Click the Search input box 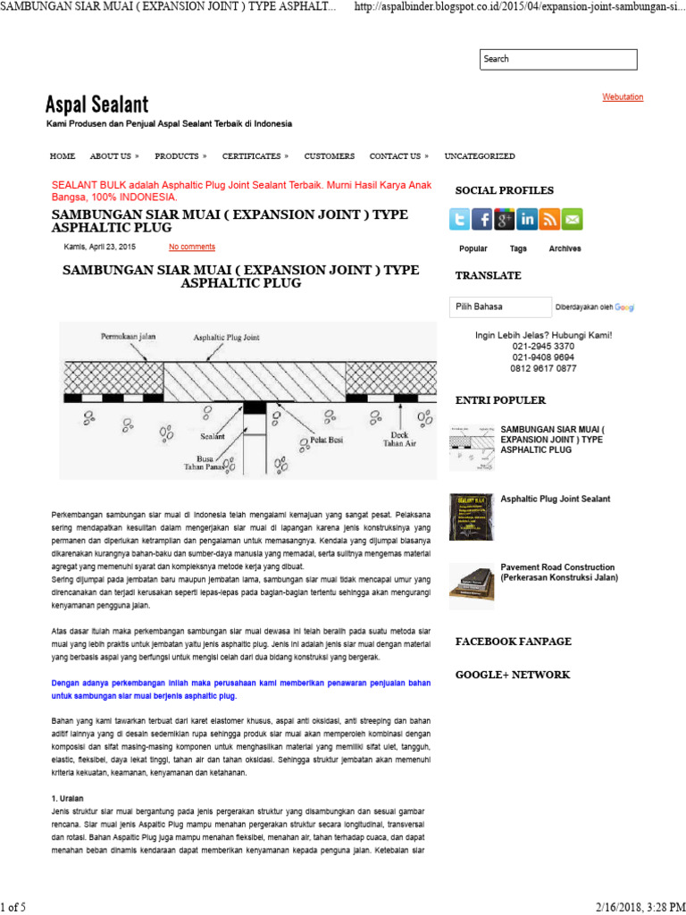pos(558,59)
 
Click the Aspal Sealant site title pos(97,105)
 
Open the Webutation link pos(623,97)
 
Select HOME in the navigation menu pos(63,156)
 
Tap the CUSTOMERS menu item pos(329,156)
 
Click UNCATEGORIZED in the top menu pos(480,156)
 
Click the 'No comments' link pos(192,247)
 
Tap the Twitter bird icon pos(459,219)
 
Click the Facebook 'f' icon pos(481,219)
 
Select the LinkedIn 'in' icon pos(527,219)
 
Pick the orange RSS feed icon pos(549,219)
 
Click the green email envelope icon pos(572,219)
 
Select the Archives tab pos(565,248)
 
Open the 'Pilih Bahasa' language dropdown pos(500,306)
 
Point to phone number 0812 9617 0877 pos(543,368)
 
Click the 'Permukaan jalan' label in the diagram pos(128,336)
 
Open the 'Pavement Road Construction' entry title pos(558,572)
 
